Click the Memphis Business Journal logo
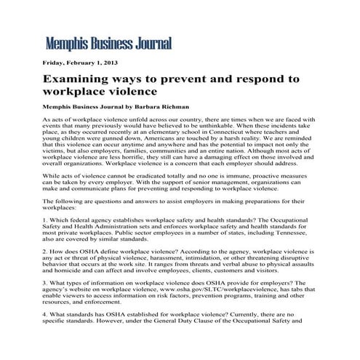[108, 42]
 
